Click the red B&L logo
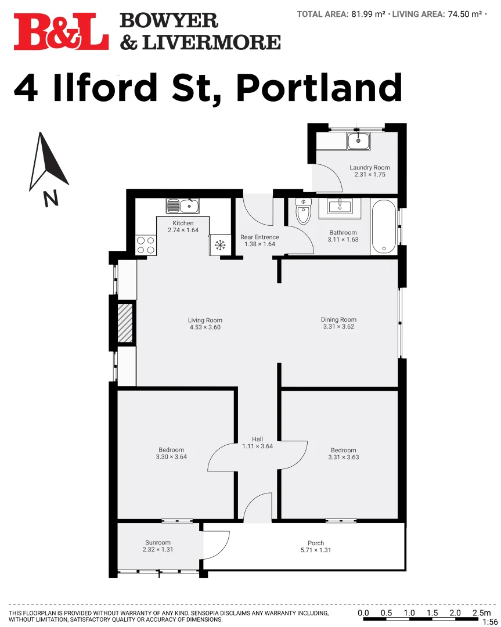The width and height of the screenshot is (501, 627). coord(61,31)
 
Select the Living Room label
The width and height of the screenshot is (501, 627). coord(205,320)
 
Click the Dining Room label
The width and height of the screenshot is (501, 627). coord(338,320)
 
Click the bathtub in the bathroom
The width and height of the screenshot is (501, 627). coord(384,226)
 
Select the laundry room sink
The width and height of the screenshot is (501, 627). coord(358,140)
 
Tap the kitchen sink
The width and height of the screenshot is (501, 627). coord(183,206)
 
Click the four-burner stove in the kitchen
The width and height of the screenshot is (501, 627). coord(146,244)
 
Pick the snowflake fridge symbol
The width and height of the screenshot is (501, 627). coord(220,245)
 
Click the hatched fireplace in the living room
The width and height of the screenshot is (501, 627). coord(125,323)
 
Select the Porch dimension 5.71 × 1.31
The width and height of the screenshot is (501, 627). coord(316,550)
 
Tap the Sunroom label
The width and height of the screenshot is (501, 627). coord(158,543)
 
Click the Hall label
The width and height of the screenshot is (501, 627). coord(257,439)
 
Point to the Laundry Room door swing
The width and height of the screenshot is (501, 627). coord(328,177)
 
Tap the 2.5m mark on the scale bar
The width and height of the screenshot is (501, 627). coord(481,613)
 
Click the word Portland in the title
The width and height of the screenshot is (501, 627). coord(319,88)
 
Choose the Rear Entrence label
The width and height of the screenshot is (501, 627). coord(259,237)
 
